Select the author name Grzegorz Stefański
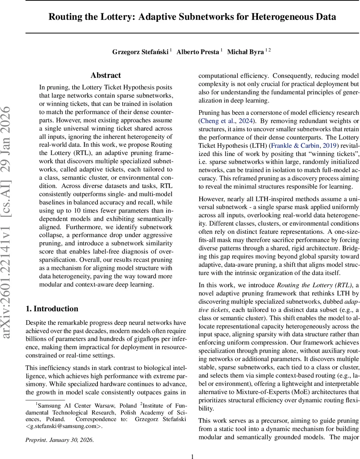click(x=140, y=52)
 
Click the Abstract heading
click(x=106, y=75)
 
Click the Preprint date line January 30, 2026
click(x=59, y=439)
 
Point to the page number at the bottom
click(x=192, y=456)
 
